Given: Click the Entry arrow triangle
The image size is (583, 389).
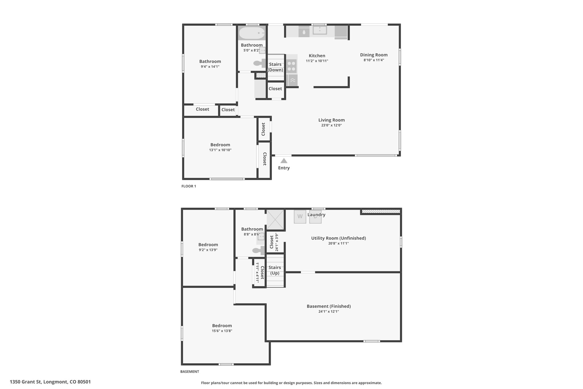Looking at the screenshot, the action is click(x=284, y=161).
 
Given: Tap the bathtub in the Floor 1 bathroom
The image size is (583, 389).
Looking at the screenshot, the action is click(x=252, y=33).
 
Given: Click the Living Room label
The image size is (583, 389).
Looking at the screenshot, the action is click(x=331, y=120).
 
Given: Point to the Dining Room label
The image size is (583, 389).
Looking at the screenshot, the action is click(x=374, y=55).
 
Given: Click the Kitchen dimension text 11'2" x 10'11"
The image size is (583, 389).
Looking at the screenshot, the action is click(x=317, y=61).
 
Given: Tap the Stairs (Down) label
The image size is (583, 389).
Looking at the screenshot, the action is click(x=275, y=67).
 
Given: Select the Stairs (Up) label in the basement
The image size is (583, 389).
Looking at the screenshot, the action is click(x=275, y=270).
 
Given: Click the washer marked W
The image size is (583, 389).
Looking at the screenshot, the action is click(x=300, y=217).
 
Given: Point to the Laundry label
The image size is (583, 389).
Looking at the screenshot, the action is click(x=316, y=215).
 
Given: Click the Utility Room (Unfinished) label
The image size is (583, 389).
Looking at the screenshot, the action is click(x=338, y=238).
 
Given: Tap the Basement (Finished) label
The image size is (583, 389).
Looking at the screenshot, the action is click(x=329, y=306).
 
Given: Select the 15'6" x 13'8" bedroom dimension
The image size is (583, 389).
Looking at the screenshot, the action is click(x=222, y=331).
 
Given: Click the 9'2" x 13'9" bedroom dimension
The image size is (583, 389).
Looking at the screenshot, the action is click(x=208, y=250).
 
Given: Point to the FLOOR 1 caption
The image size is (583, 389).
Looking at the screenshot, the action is click(x=189, y=186).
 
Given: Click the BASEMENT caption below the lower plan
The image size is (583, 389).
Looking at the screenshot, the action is click(x=190, y=371).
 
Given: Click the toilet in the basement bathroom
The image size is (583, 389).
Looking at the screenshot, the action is click(x=259, y=250).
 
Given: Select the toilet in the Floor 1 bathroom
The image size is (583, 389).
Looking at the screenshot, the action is click(x=260, y=63).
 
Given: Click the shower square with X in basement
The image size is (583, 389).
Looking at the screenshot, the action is click(x=275, y=220).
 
